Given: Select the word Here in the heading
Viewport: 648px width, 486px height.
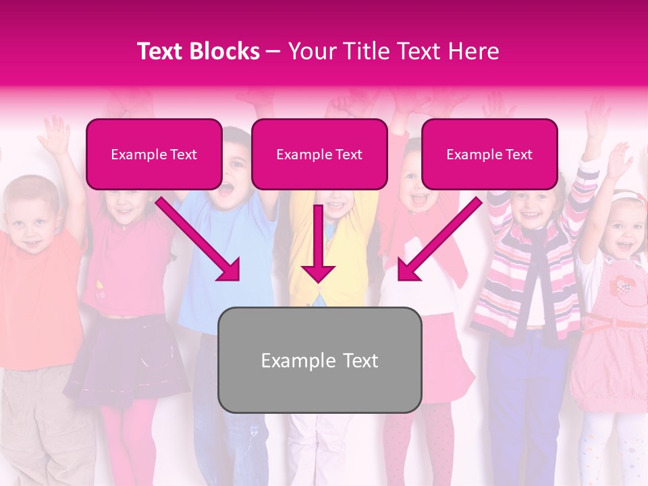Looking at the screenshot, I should [x=473, y=51].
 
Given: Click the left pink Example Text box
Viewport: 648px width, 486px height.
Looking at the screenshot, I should [x=154, y=154].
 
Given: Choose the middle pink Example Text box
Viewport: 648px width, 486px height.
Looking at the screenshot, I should [x=319, y=154].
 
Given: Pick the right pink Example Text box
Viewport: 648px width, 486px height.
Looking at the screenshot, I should [x=489, y=154].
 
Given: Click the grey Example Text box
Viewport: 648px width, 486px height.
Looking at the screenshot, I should [x=319, y=360].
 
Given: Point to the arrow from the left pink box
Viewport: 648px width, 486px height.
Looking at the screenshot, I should [x=200, y=239].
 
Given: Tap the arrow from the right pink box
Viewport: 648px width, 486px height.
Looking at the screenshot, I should [x=439, y=240].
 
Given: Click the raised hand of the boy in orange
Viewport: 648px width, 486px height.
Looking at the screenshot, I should [x=54, y=135].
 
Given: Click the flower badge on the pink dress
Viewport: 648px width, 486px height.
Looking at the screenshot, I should [x=620, y=286].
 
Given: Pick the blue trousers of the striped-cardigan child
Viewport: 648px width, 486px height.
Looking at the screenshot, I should [x=520, y=398].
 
